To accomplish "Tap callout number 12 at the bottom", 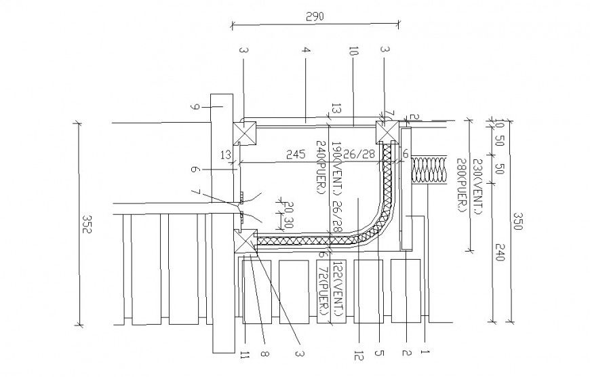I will tap(357, 354).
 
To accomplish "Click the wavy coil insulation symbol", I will tap(428, 170).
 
